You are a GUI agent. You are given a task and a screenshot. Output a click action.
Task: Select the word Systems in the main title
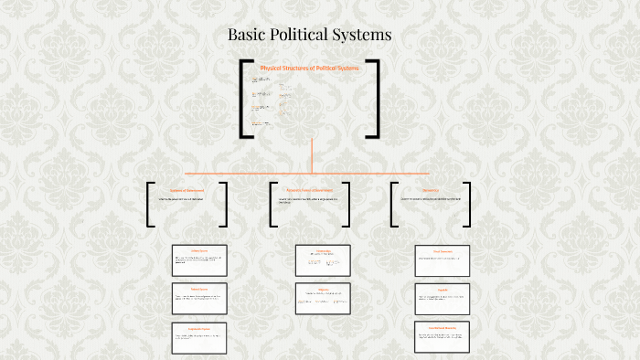click(365, 36)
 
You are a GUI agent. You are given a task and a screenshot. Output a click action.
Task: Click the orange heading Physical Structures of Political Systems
click(310, 69)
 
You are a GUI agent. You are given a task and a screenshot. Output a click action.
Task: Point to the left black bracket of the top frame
click(243, 99)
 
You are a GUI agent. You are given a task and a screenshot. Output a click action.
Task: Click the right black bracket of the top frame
click(375, 99)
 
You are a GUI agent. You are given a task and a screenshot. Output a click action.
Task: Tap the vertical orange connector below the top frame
click(312, 155)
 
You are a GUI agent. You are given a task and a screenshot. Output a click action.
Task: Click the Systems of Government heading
click(187, 191)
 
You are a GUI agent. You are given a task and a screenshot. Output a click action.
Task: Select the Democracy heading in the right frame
click(431, 191)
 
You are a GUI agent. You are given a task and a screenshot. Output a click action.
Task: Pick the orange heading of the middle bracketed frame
click(309, 191)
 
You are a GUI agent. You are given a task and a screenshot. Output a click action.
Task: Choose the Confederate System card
click(199, 337)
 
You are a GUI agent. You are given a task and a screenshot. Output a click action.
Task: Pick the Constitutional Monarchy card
click(443, 337)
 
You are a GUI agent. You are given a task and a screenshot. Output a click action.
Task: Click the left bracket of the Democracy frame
click(393, 205)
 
